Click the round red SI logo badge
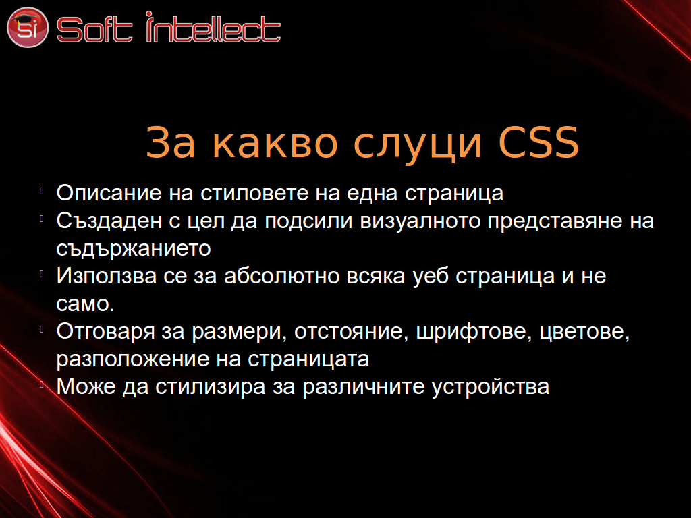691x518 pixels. [27, 27]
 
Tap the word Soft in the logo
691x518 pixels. [94, 30]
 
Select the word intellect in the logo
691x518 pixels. [213, 27]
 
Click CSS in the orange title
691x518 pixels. [538, 142]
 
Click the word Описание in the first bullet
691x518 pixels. [109, 193]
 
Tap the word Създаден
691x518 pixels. [109, 221]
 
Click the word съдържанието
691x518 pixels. [134, 249]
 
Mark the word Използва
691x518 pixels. [106, 276]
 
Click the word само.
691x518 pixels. [85, 304]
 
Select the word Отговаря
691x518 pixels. [106, 331]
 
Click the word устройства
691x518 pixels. [491, 387]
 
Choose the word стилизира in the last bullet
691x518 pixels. [211, 387]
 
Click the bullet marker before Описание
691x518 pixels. [42, 191]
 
